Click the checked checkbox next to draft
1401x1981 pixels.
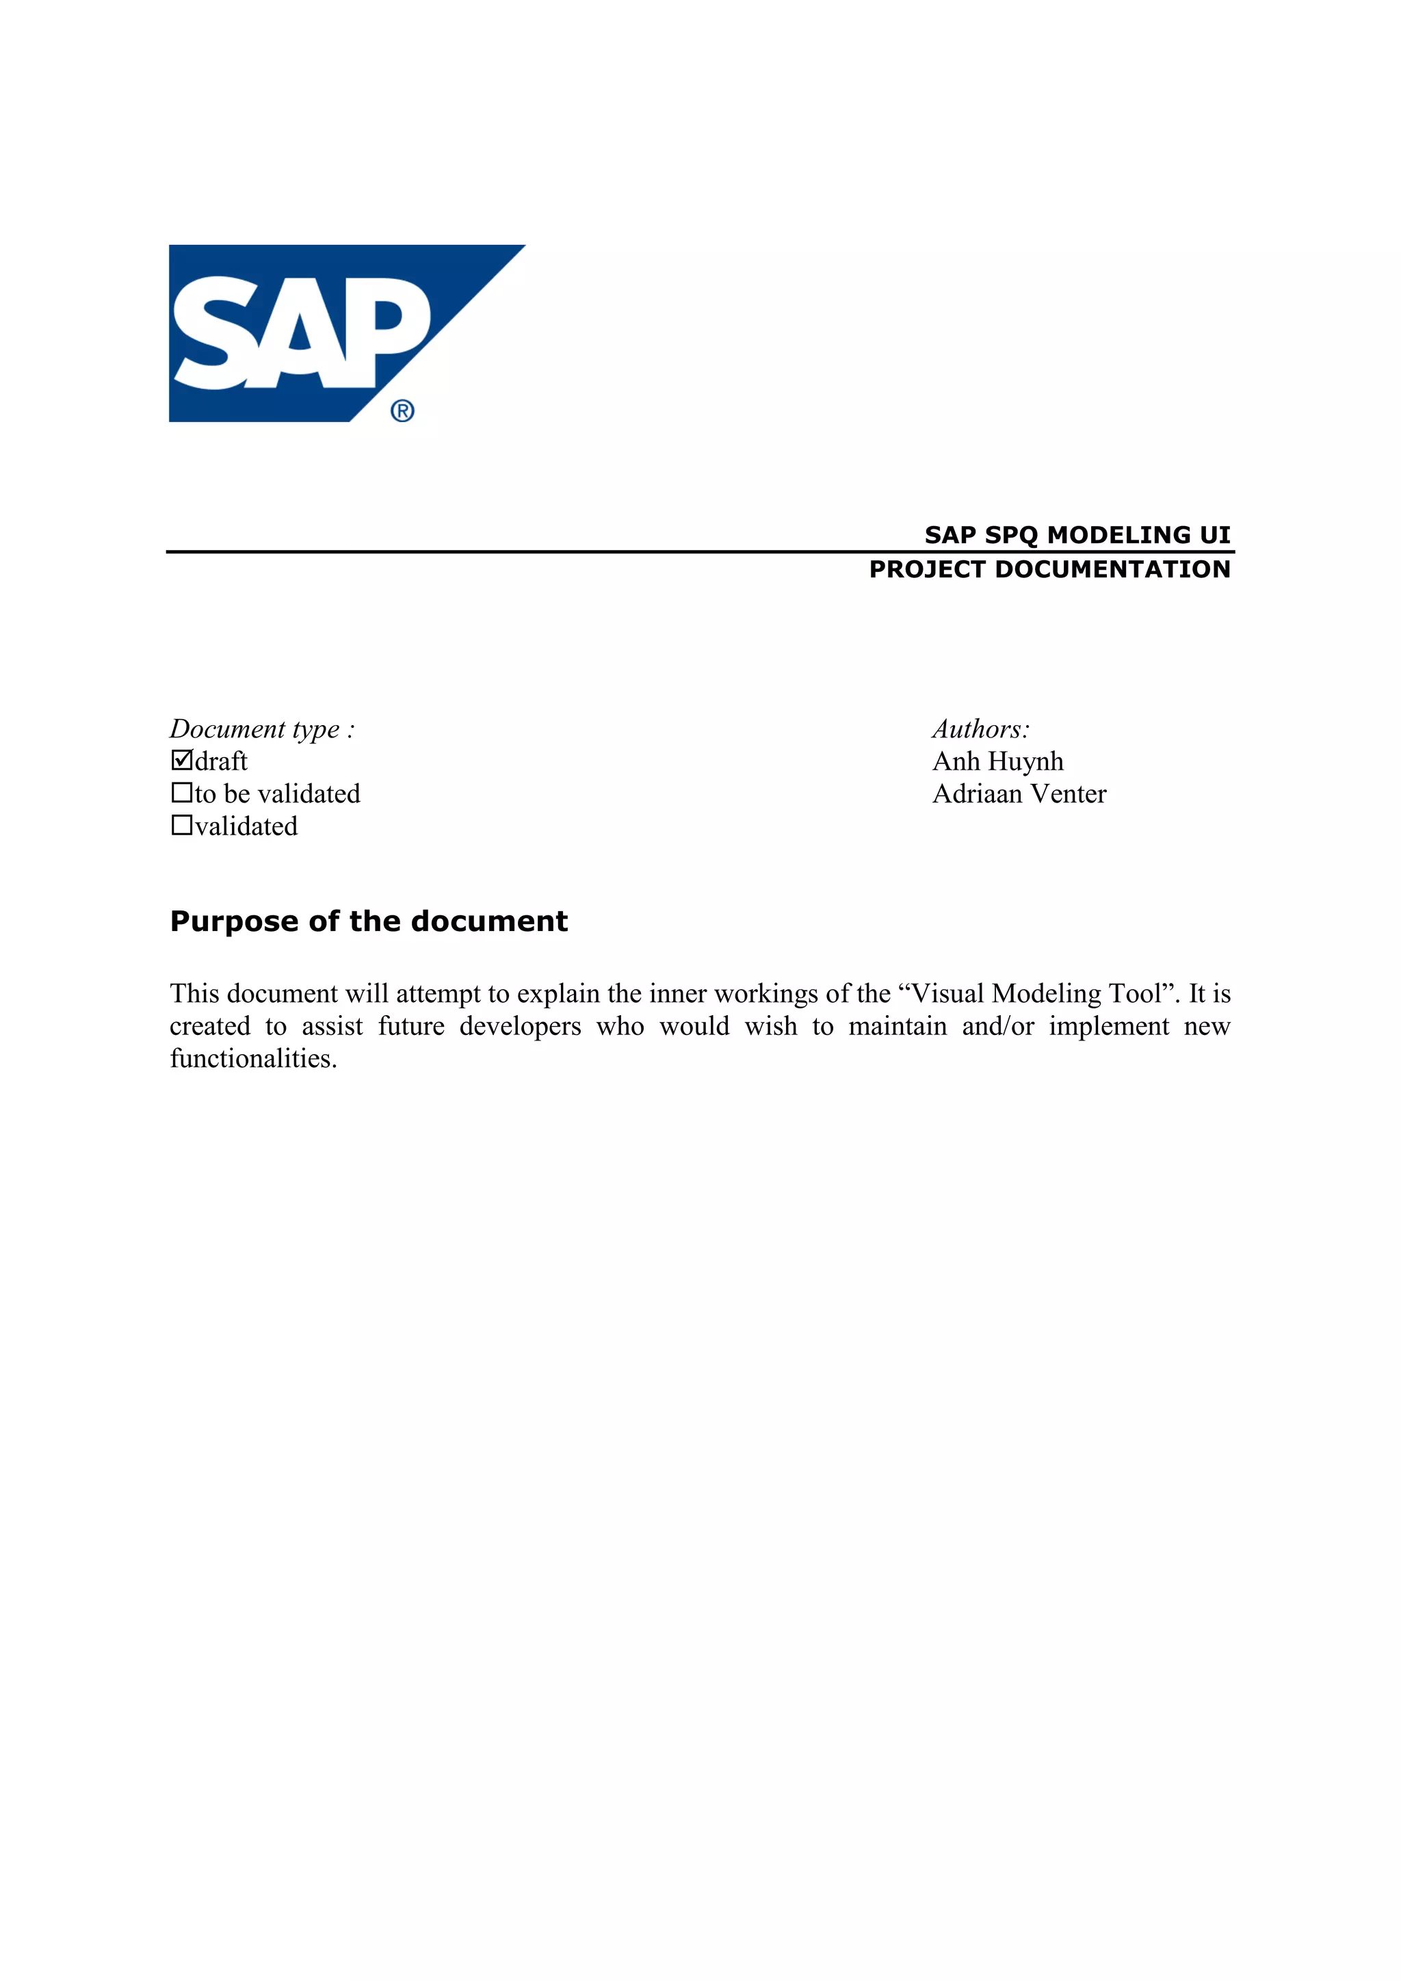[x=181, y=760]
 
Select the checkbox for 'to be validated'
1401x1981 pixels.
[x=181, y=792]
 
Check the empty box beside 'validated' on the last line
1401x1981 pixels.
[x=181, y=825]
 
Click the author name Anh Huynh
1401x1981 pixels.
[x=997, y=761]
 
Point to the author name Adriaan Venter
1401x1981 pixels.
[x=1019, y=793]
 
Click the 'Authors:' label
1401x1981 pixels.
[x=981, y=729]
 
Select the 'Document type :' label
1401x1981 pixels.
[x=262, y=729]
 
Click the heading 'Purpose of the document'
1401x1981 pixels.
[x=368, y=921]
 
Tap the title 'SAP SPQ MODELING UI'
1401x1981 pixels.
[x=1077, y=535]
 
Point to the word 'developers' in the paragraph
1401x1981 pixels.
[x=520, y=1027]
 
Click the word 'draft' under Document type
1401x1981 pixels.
[x=221, y=761]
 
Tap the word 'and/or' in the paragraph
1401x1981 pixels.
[x=997, y=1027]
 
